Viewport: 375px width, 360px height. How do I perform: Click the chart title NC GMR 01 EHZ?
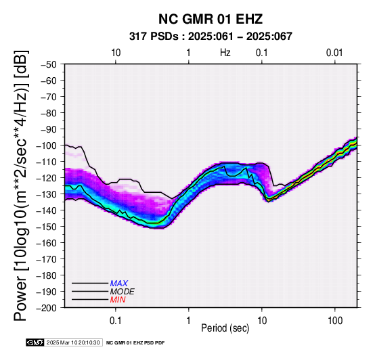[211, 19]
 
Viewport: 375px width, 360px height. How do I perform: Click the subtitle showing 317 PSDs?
[211, 37]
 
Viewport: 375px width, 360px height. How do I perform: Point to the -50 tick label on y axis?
[49, 64]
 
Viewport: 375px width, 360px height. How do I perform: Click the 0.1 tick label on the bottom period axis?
[116, 321]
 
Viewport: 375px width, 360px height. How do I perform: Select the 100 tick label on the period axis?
[335, 321]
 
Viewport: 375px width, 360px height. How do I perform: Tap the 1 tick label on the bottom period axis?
[188, 321]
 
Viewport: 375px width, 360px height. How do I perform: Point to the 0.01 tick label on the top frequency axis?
[334, 53]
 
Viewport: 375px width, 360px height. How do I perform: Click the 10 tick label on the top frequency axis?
[116, 53]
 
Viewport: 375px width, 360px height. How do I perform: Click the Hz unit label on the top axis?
[225, 53]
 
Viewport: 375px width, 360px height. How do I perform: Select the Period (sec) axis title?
[225, 328]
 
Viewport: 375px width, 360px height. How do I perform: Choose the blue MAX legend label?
[119, 284]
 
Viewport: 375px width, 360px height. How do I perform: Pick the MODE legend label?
[123, 292]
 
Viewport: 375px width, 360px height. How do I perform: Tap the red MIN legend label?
[118, 300]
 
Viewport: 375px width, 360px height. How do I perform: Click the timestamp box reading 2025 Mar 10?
[73, 342]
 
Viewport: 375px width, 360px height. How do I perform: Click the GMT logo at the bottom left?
[35, 342]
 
